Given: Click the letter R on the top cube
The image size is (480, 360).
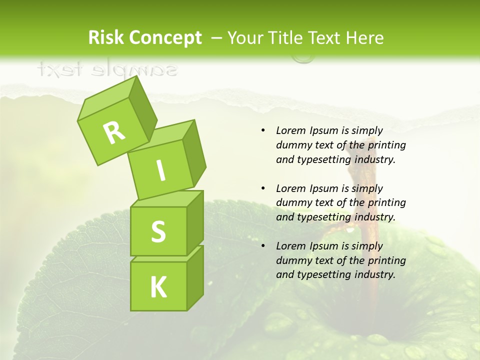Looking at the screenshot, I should [114, 132].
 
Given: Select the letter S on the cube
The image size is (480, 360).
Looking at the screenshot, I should [158, 231].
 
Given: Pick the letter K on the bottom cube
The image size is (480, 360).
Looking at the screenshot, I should [158, 287].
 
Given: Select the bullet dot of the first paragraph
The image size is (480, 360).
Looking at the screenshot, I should [263, 130].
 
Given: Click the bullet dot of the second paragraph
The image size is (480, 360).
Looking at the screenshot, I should [263, 188].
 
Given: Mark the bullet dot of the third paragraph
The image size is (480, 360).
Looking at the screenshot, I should [263, 246].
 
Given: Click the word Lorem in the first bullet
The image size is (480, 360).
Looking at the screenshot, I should [291, 130].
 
